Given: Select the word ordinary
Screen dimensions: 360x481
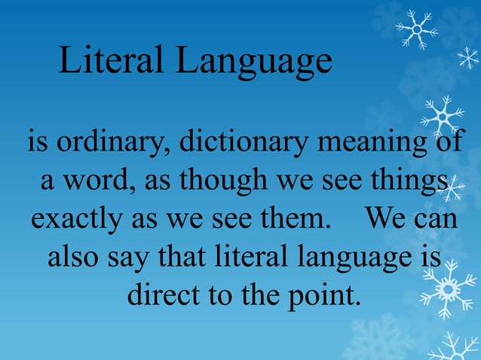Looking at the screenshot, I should coord(108,142).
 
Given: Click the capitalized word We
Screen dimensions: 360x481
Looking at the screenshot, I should coord(387,219).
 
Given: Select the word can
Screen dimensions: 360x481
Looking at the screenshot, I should coord(437,221).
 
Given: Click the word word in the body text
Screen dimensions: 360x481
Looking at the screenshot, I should coord(86,182).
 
